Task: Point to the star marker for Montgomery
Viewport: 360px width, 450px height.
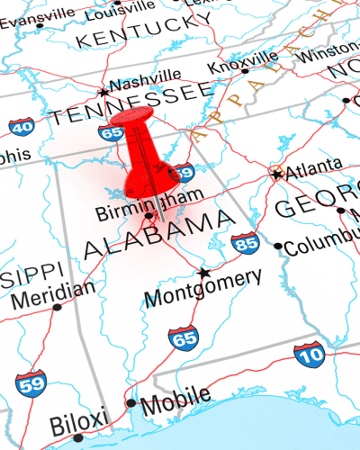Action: [x=204, y=272]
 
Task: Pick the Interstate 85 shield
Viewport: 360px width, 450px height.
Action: [x=244, y=243]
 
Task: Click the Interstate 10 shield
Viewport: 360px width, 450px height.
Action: [x=310, y=355]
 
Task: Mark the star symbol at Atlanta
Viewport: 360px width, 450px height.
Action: [x=276, y=174]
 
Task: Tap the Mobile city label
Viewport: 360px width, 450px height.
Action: [x=175, y=397]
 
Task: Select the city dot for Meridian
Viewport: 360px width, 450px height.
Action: [x=57, y=307]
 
